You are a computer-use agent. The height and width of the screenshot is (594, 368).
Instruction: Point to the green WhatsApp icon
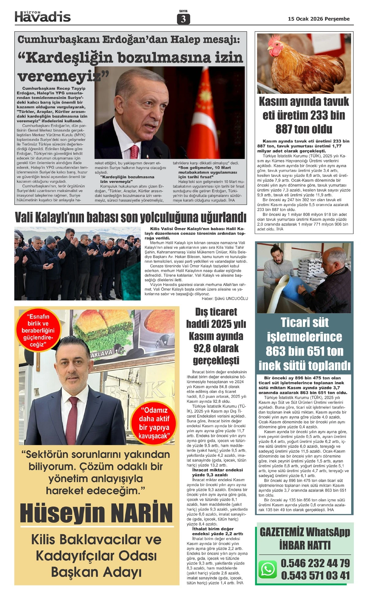tap(268, 569)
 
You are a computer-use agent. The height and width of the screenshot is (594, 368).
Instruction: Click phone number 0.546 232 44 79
tap(315, 563)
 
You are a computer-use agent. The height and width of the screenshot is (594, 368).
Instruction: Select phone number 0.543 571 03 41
tap(315, 575)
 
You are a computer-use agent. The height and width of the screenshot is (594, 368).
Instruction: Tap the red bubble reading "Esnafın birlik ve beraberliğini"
tap(38, 330)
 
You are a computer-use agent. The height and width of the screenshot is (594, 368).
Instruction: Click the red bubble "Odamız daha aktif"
tap(154, 423)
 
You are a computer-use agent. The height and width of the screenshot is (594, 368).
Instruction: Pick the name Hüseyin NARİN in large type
tap(96, 513)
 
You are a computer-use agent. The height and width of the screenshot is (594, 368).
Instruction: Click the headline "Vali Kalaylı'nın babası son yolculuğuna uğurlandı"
tap(131, 217)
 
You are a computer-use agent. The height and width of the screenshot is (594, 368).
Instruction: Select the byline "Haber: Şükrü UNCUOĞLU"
tap(224, 299)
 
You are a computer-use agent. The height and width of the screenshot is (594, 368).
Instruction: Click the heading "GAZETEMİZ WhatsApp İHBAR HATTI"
tap(305, 539)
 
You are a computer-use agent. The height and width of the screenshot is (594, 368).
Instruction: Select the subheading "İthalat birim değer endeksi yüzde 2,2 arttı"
tap(217, 531)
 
